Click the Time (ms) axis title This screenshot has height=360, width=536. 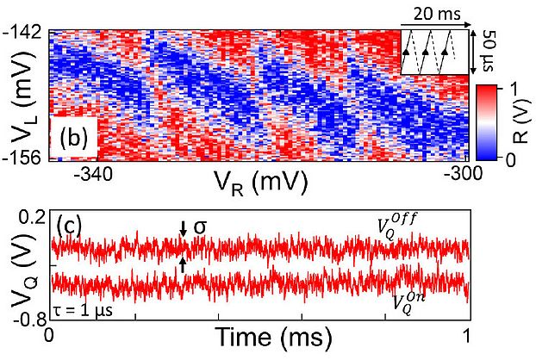[263, 337]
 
